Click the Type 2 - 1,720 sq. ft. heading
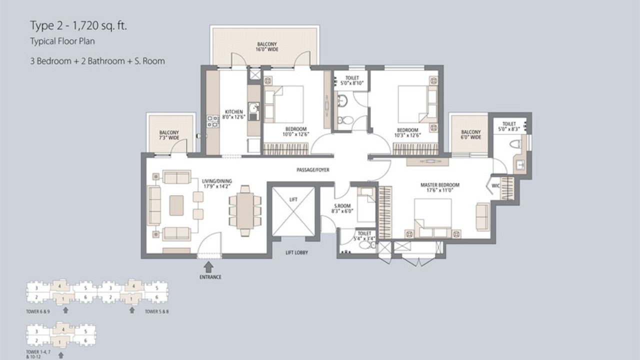click(78, 25)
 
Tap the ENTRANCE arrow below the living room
click(209, 267)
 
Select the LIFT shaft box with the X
click(293, 211)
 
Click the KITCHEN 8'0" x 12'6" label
click(234, 114)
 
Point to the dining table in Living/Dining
click(245, 210)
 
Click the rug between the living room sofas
click(176, 205)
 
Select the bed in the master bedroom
click(432, 217)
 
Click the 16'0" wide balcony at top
click(266, 47)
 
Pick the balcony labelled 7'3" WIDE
click(169, 135)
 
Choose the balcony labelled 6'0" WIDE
click(470, 134)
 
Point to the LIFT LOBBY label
click(297, 253)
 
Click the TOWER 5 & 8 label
click(155, 311)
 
